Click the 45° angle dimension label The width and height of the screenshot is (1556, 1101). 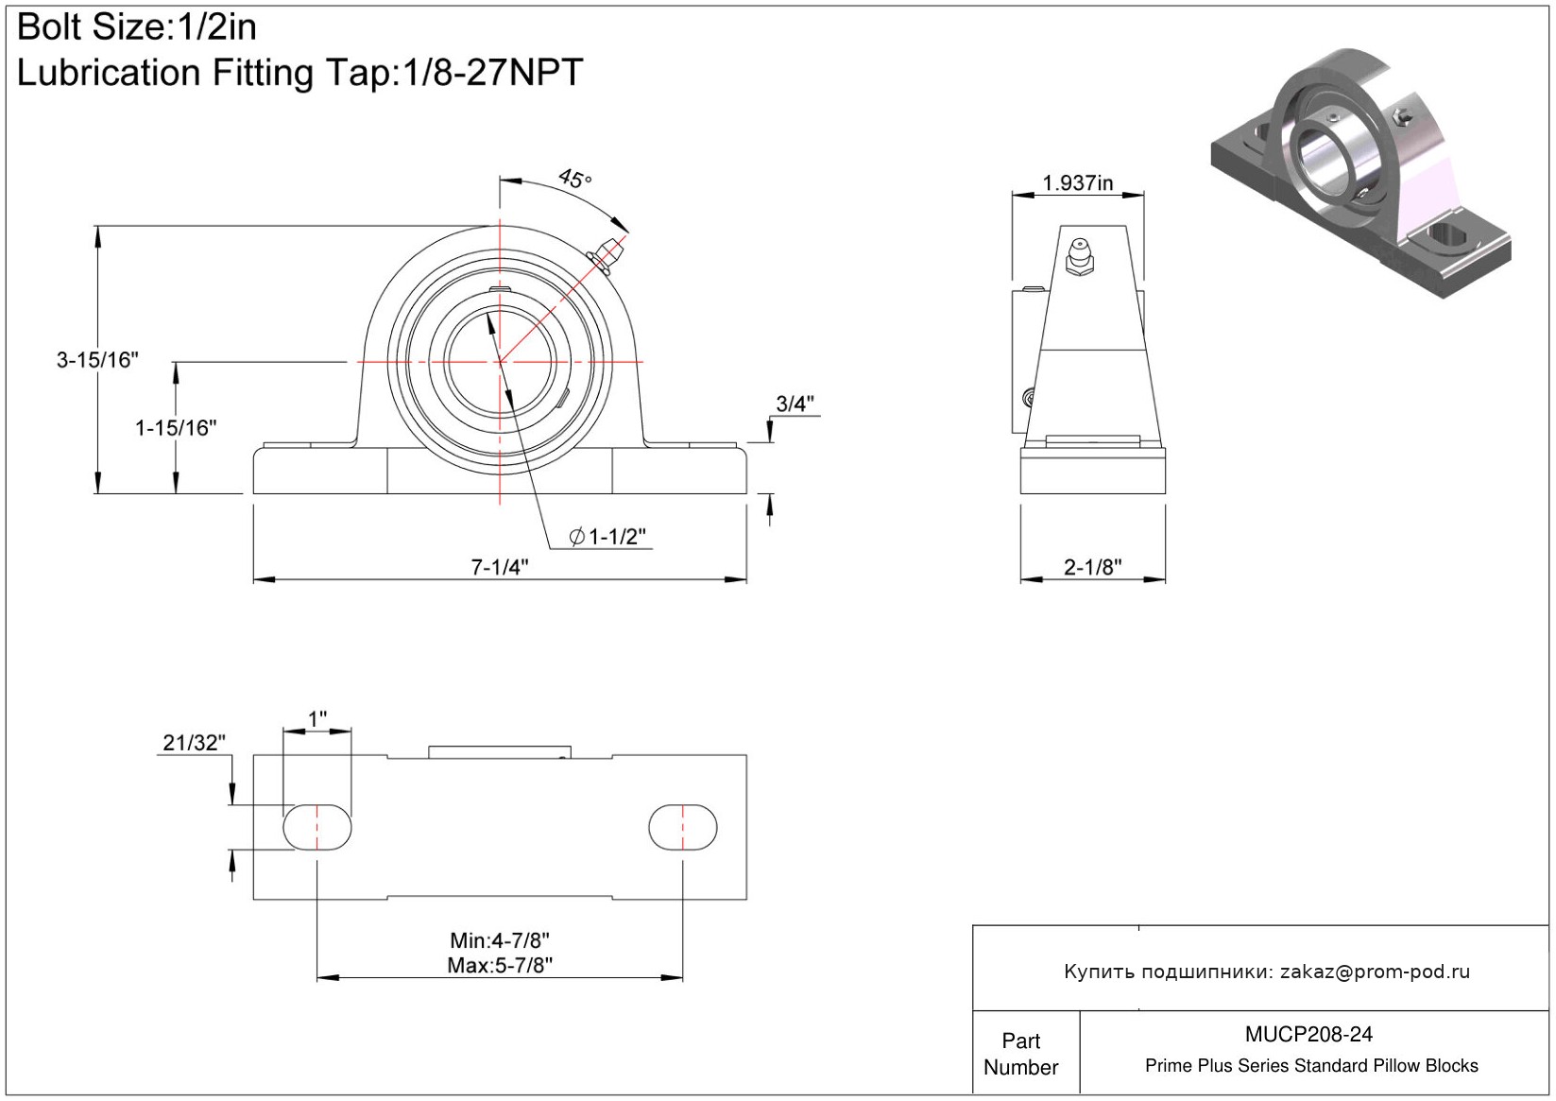point(574,179)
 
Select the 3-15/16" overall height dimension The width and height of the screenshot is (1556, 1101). point(97,360)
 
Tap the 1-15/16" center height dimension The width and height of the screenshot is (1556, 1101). point(176,427)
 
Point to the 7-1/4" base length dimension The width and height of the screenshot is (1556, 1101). point(500,567)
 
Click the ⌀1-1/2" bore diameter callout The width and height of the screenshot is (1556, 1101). point(607,537)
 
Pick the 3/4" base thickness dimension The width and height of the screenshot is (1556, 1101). point(795,404)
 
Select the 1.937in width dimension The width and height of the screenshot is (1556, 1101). point(1077,182)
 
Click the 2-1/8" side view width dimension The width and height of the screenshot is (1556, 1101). point(1093,567)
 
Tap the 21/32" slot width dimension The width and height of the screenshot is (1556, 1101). point(194,742)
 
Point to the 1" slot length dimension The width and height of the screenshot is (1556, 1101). point(317,718)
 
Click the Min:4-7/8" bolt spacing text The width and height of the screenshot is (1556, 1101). point(500,940)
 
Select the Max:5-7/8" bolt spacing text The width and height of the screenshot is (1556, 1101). point(500,966)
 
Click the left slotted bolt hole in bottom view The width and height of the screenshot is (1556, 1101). point(317,827)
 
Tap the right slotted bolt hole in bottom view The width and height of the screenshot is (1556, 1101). point(683,827)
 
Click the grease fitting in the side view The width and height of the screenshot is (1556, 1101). point(1079,256)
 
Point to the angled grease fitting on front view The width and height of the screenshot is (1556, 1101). point(606,255)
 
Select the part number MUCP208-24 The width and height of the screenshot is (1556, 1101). point(1308,1034)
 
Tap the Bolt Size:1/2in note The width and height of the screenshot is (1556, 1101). point(137,27)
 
